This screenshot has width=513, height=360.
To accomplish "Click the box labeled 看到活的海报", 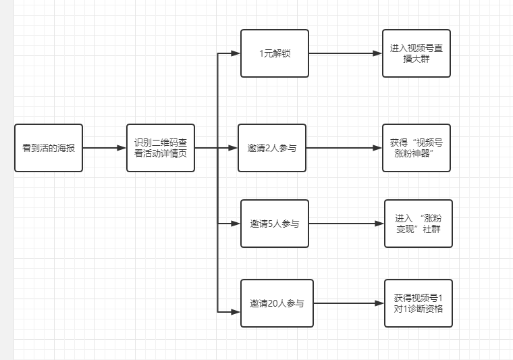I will tap(49, 147).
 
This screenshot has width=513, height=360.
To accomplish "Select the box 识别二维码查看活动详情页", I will tap(161, 147).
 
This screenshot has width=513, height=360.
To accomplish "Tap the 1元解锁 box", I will tap(275, 53).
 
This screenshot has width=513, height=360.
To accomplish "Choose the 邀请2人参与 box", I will tap(272, 147).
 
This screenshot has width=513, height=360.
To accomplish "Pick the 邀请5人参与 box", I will tap(275, 223).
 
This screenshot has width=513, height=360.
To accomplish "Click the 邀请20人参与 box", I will tap(277, 303).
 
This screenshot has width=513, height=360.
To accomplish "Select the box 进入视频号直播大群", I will tap(416, 53).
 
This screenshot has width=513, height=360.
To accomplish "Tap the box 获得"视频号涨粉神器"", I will tap(416, 147).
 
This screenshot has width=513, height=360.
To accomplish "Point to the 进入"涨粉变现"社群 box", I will tap(418, 223).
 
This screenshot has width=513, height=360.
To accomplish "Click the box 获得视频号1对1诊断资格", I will tap(418, 303).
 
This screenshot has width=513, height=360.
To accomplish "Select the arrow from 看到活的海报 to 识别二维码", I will tap(105, 147).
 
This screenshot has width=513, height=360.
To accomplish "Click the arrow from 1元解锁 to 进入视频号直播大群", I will tap(344, 53).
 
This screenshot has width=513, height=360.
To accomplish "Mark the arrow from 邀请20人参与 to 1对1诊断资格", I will tap(348, 303).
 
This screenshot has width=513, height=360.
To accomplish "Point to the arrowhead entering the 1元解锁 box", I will tap(236, 53).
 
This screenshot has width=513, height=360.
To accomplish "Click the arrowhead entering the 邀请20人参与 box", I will tap(236, 311).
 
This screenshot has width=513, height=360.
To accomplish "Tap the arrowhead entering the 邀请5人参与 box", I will tap(236, 223).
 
